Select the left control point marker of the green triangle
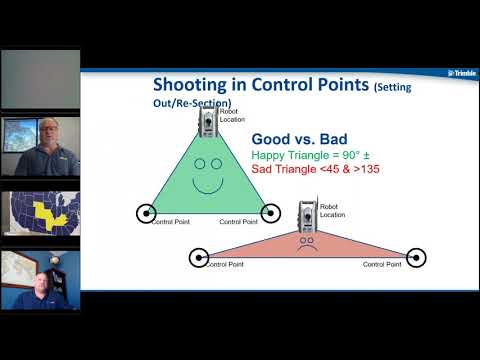146,212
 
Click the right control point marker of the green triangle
269,212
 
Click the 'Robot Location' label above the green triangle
234,115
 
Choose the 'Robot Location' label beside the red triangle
334,211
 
